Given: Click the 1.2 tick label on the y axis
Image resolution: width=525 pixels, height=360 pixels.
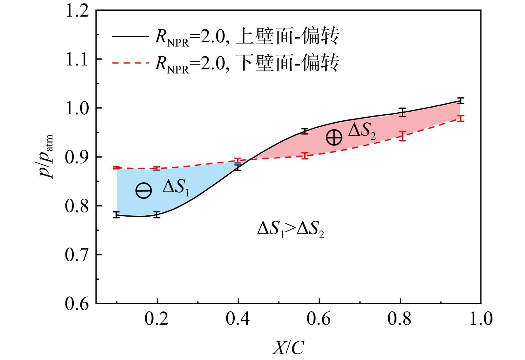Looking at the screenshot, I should pyautogui.click(x=77, y=11).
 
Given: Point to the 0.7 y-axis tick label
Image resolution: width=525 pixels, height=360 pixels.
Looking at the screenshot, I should pyautogui.click(x=77, y=255).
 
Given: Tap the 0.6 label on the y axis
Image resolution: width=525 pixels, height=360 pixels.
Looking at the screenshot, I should pyautogui.click(x=77, y=304).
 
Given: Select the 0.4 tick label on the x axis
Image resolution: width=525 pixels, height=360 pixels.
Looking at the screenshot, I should pyautogui.click(x=238, y=319).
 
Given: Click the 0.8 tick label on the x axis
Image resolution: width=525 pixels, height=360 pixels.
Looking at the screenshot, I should pyautogui.click(x=399, y=319).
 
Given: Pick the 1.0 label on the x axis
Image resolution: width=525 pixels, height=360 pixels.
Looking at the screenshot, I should pyautogui.click(x=481, y=319).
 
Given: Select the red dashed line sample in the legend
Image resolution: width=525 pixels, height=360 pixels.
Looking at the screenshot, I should pyautogui.click(x=130, y=63).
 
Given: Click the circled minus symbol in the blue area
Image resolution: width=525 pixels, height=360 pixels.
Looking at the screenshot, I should pyautogui.click(x=144, y=191).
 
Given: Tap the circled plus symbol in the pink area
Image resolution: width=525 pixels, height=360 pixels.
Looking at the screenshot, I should pyautogui.click(x=334, y=137).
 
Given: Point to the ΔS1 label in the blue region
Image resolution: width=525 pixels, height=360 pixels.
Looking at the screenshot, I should pyautogui.click(x=176, y=187).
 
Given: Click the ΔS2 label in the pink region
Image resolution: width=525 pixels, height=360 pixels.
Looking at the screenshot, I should pyautogui.click(x=362, y=131).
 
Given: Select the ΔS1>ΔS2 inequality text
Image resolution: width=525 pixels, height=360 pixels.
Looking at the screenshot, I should pyautogui.click(x=290, y=229).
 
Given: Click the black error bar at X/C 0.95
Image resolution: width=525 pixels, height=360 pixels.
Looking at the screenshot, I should pyautogui.click(x=460, y=101).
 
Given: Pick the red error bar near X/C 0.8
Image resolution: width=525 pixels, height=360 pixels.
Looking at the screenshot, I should pyautogui.click(x=402, y=136).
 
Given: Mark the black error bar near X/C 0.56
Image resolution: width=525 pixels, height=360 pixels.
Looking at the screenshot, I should pyautogui.click(x=305, y=131).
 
